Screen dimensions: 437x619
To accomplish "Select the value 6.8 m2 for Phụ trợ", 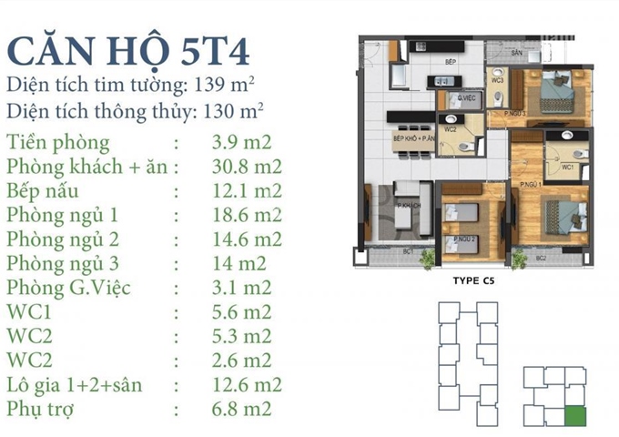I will [240, 409].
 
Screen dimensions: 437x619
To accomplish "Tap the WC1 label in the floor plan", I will [565, 168].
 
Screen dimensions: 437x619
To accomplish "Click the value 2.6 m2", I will [240, 360].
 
